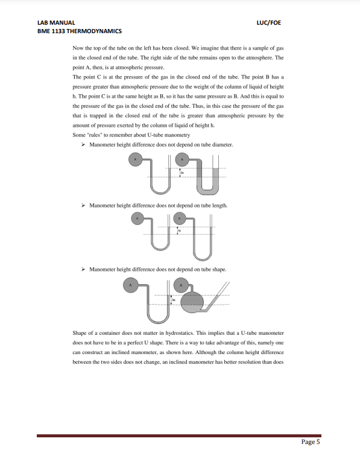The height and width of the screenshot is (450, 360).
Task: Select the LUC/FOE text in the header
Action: point(268,23)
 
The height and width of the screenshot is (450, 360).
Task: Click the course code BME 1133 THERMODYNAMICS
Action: point(79,31)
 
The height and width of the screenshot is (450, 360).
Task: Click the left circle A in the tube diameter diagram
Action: point(136,160)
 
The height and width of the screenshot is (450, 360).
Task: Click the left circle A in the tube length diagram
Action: point(137,218)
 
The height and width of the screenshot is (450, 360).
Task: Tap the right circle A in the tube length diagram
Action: point(179,218)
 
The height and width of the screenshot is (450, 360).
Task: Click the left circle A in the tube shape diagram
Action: point(130,284)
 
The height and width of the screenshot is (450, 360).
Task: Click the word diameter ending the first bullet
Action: point(222,145)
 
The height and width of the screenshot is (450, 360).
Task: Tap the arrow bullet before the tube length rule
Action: point(83,205)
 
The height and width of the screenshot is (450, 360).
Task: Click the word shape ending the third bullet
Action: point(219,269)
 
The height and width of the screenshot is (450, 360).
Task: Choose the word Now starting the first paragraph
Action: point(78,48)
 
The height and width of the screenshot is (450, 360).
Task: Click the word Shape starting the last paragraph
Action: point(80,332)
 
